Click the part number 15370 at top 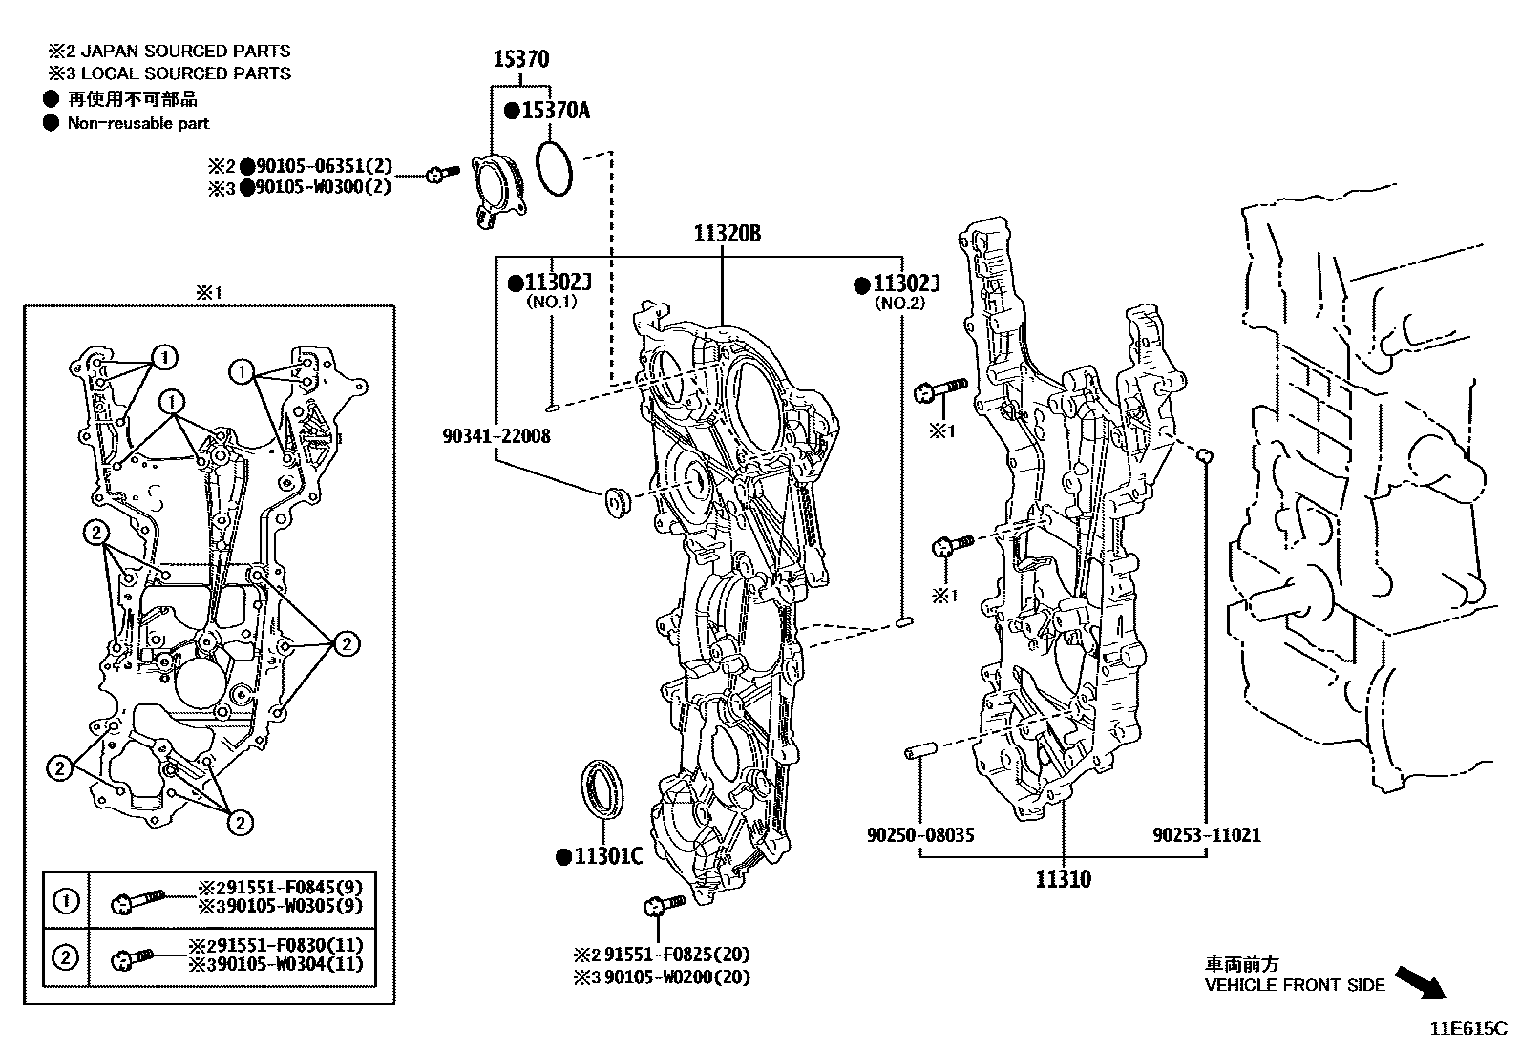pyautogui.click(x=520, y=59)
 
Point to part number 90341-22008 pyautogui.click(x=496, y=436)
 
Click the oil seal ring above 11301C pyautogui.click(x=602, y=787)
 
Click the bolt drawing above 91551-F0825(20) pyautogui.click(x=663, y=905)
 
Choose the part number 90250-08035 pyautogui.click(x=920, y=835)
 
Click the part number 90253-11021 pyautogui.click(x=1206, y=835)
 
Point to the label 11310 pyautogui.click(x=1063, y=878)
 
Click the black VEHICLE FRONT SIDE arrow pyautogui.click(x=1420, y=982)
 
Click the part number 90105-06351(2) pyautogui.click(x=323, y=166)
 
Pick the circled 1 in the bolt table pyautogui.click(x=65, y=900)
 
